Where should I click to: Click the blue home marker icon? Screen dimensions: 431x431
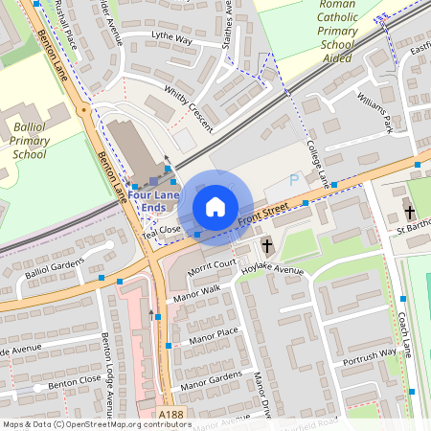pyautogui.click(x=215, y=206)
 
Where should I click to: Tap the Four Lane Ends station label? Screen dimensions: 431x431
pyautogui.click(x=152, y=199)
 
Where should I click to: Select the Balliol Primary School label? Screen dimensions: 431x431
pyautogui.click(x=30, y=140)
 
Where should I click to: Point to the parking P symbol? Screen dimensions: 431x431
pyautogui.click(x=295, y=179)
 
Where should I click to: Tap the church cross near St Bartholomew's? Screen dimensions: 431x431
pyautogui.click(x=409, y=212)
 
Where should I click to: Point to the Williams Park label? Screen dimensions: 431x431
pyautogui.click(x=374, y=111)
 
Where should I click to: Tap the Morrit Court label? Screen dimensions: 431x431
pyautogui.click(x=212, y=264)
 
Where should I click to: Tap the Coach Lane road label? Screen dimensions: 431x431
pyautogui.click(x=404, y=329)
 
